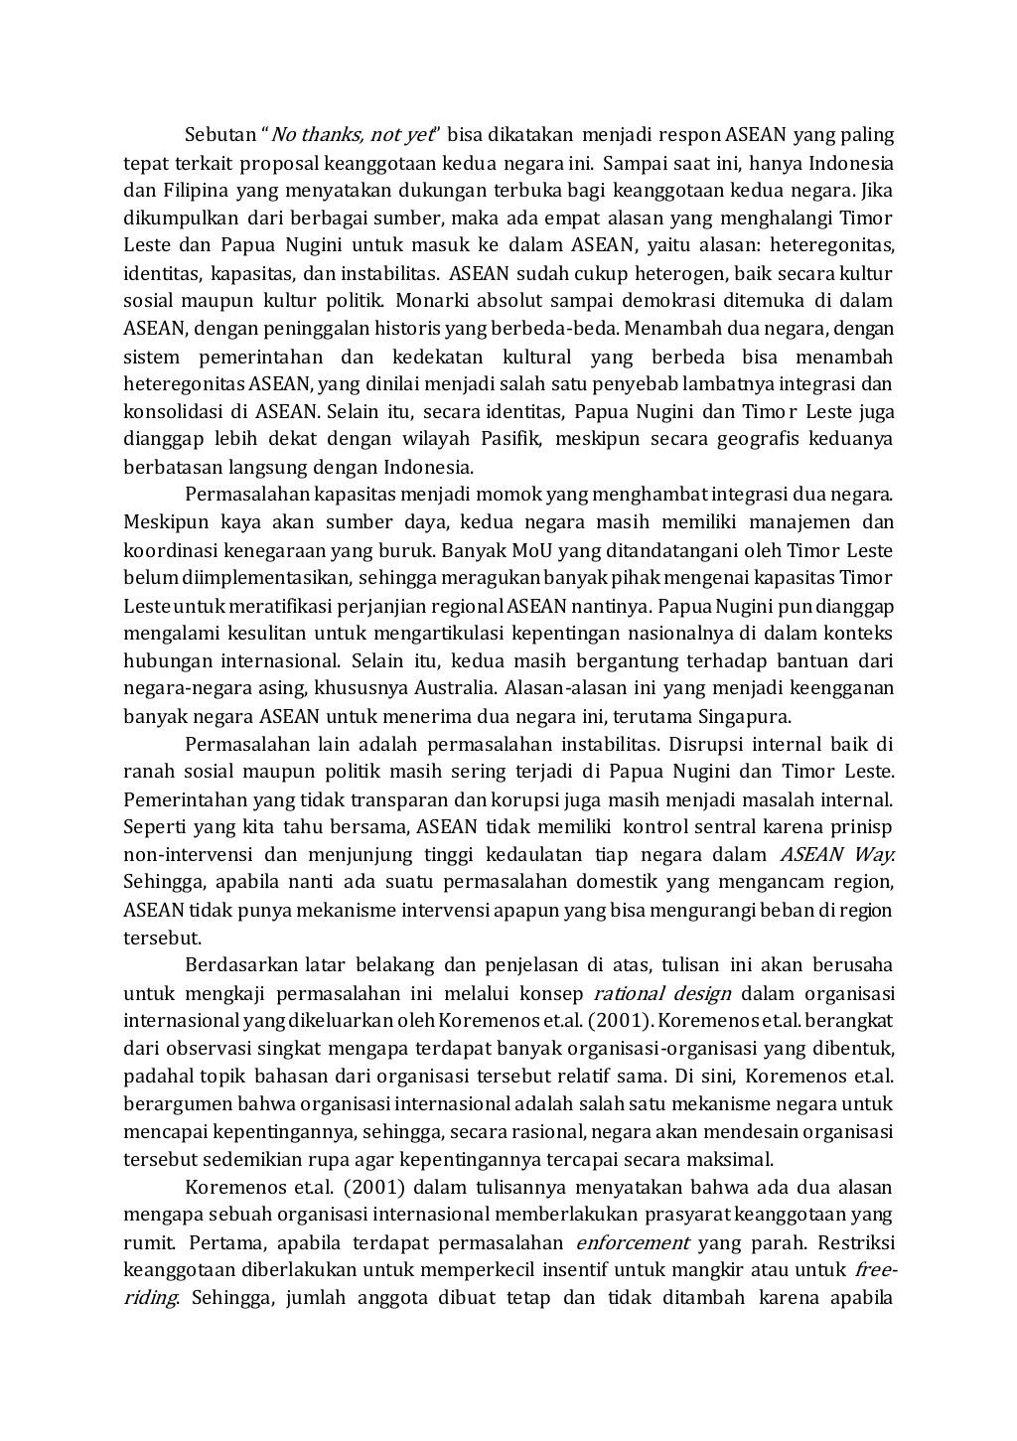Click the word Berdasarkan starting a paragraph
(233, 965)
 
